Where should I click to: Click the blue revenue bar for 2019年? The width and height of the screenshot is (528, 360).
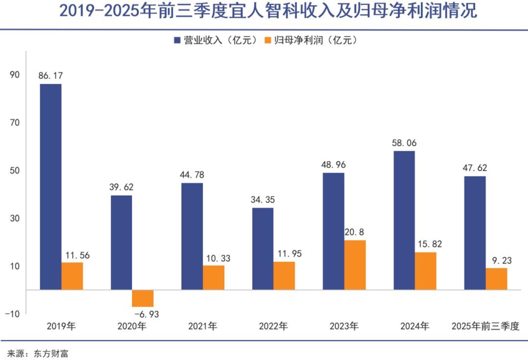(51, 187)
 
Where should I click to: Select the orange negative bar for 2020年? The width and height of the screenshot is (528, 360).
(143, 298)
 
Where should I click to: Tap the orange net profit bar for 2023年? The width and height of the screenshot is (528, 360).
(355, 265)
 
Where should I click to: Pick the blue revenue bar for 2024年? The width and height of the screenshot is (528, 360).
(404, 220)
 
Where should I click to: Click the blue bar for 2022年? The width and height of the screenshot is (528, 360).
(263, 249)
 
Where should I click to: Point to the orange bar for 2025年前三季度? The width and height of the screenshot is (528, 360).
(496, 279)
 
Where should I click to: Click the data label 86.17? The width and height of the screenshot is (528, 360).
(51, 76)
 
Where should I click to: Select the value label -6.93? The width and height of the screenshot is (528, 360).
(147, 315)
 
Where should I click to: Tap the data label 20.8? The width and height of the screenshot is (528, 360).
(354, 232)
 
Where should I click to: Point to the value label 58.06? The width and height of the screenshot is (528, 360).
(404, 143)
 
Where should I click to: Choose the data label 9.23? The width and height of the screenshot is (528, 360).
(502, 261)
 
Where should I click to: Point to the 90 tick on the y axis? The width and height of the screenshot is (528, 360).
(15, 75)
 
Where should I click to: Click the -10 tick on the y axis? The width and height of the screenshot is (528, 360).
(12, 314)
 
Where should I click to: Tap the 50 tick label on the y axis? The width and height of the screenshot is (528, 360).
(15, 170)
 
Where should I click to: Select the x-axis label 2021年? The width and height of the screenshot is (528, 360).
(203, 326)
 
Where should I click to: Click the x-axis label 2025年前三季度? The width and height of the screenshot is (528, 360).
(485, 326)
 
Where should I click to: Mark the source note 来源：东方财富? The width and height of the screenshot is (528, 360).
(37, 354)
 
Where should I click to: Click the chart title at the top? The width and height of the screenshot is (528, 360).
(268, 11)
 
